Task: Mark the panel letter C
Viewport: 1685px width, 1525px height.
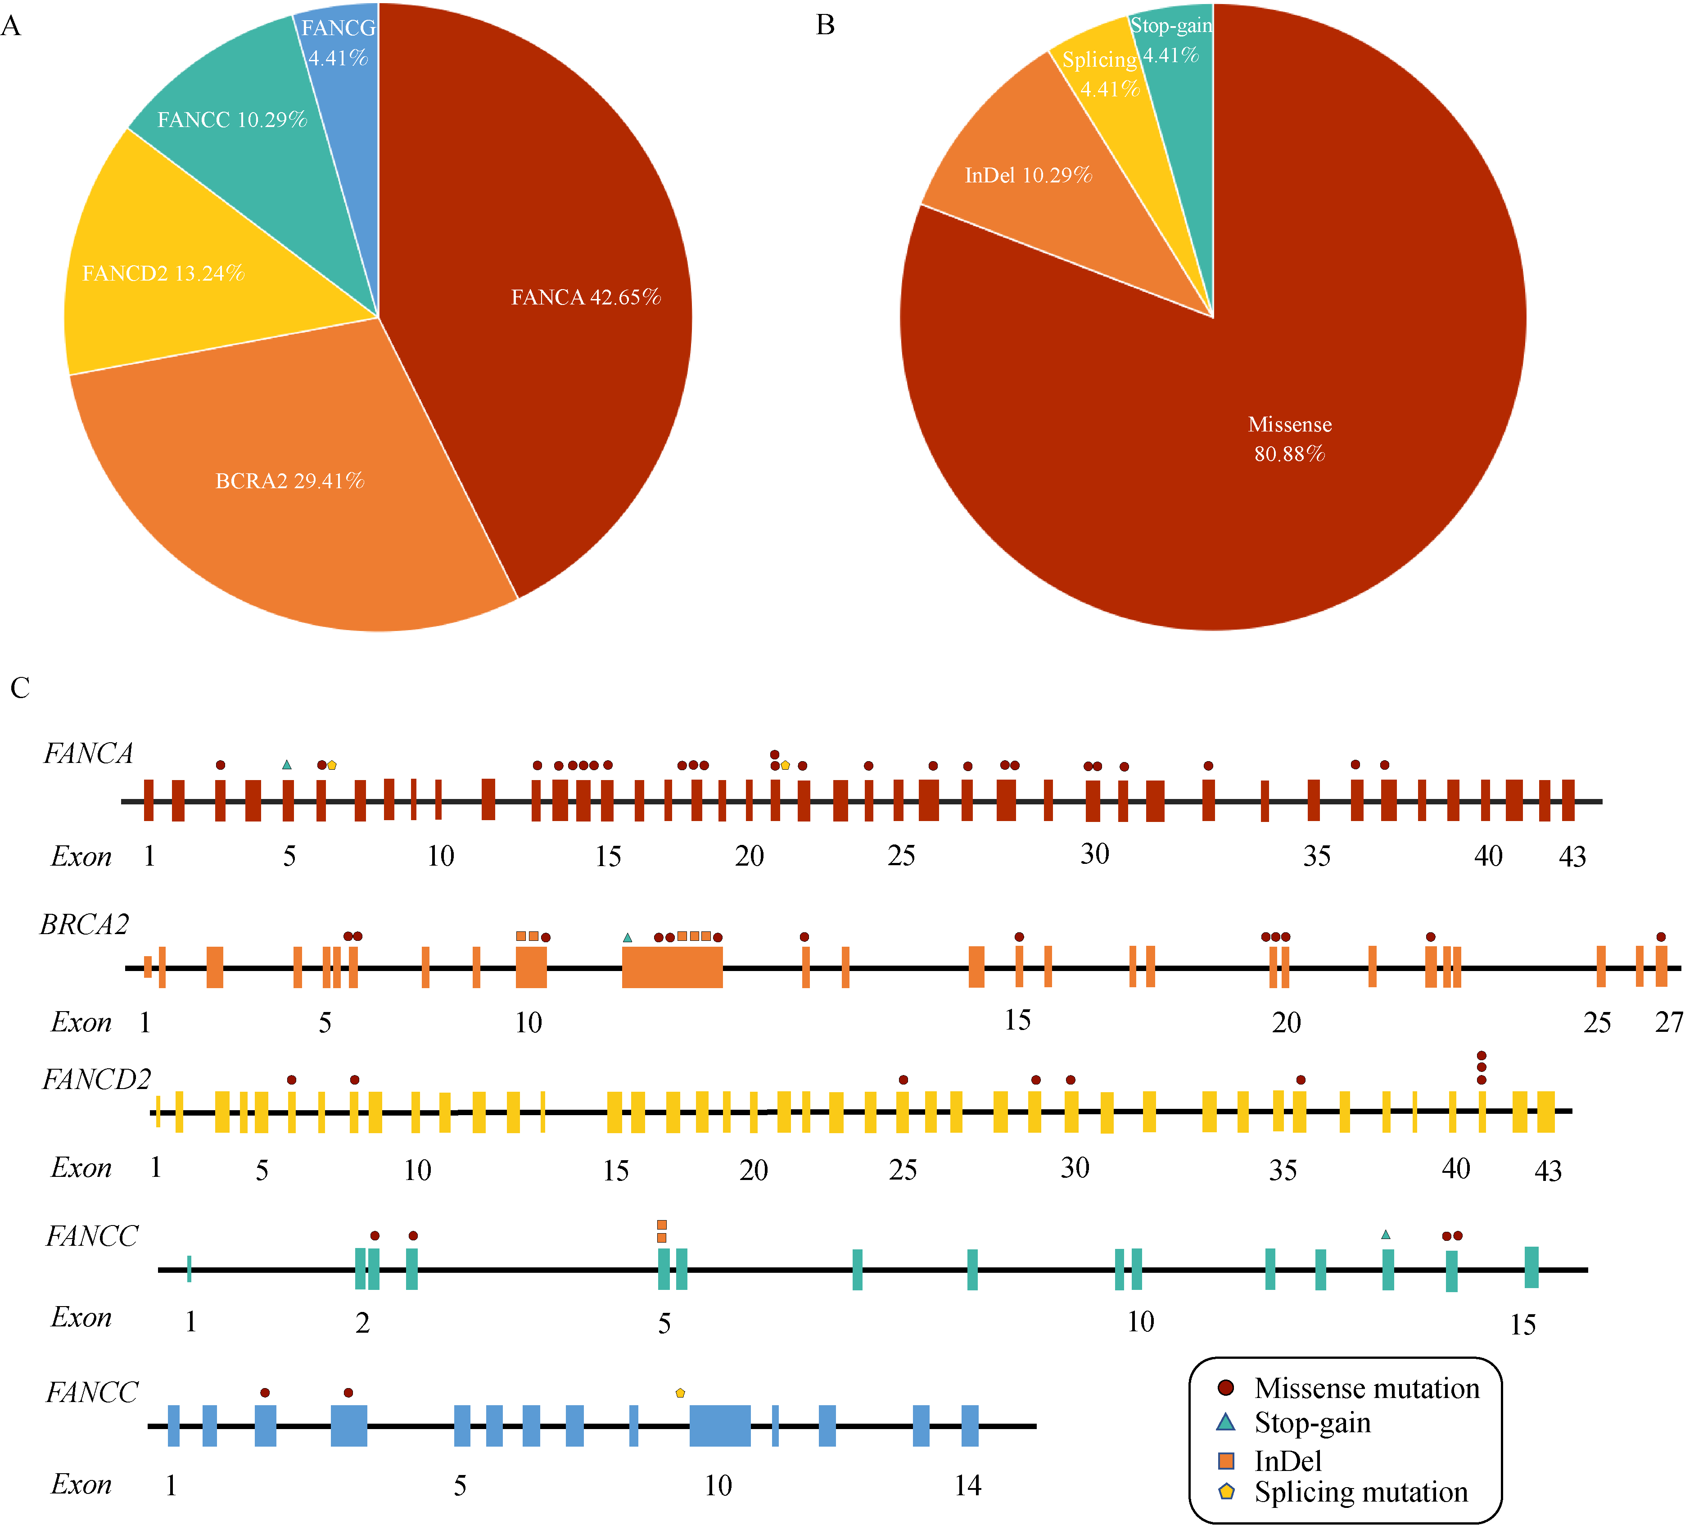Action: point(20,688)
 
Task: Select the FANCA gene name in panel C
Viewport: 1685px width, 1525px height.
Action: point(88,753)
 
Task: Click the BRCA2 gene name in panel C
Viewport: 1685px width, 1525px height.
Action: point(85,925)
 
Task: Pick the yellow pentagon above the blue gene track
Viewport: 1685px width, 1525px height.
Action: point(680,1393)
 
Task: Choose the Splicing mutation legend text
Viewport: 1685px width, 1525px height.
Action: point(1361,1492)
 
